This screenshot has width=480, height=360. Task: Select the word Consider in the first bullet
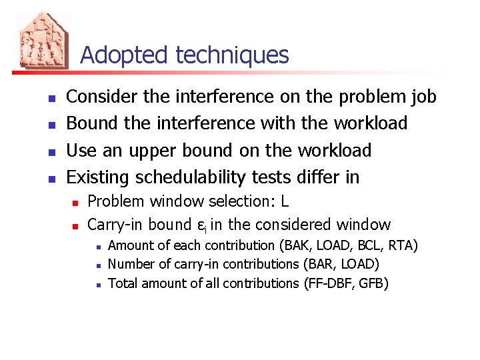(x=103, y=97)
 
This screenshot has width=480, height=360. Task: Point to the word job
(x=422, y=97)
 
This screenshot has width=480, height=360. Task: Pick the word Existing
(x=99, y=177)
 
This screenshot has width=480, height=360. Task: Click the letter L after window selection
(x=284, y=201)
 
